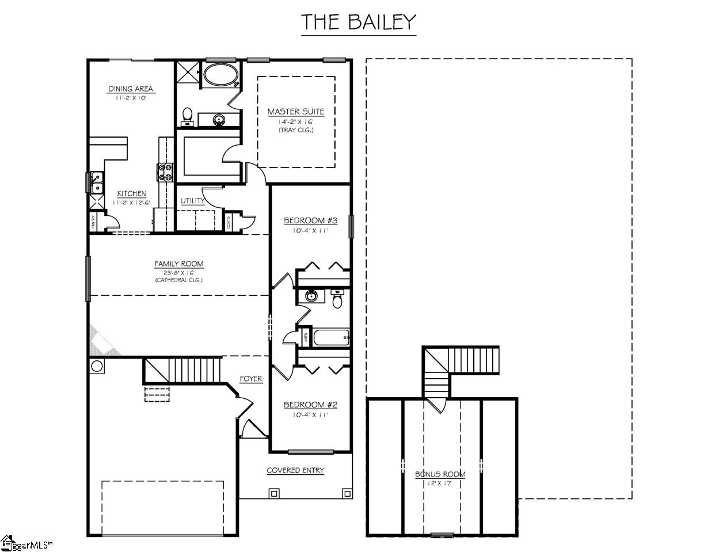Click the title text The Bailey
point(359,22)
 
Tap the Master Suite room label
point(296,112)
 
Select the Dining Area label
point(131,89)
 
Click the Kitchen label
point(131,194)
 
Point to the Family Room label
point(178,264)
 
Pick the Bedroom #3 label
point(310,221)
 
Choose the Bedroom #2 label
point(310,405)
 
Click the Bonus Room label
point(440,474)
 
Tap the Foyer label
point(251,379)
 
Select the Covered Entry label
point(295,470)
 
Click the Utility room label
point(192,201)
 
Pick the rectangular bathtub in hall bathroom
point(330,337)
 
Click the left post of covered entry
point(273,493)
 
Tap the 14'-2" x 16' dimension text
point(296,121)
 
